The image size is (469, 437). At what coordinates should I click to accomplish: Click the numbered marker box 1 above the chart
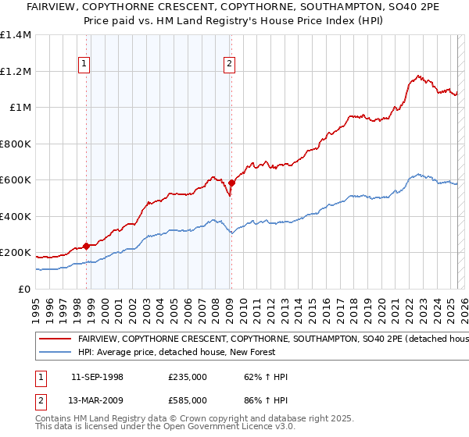click(84, 65)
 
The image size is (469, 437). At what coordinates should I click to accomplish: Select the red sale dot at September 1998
click(86, 247)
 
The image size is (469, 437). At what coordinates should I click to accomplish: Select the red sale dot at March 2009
click(231, 183)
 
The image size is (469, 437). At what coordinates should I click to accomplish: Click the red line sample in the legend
click(55, 339)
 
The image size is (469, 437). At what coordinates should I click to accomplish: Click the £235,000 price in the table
click(188, 376)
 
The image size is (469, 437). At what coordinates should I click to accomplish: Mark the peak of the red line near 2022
click(419, 76)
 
